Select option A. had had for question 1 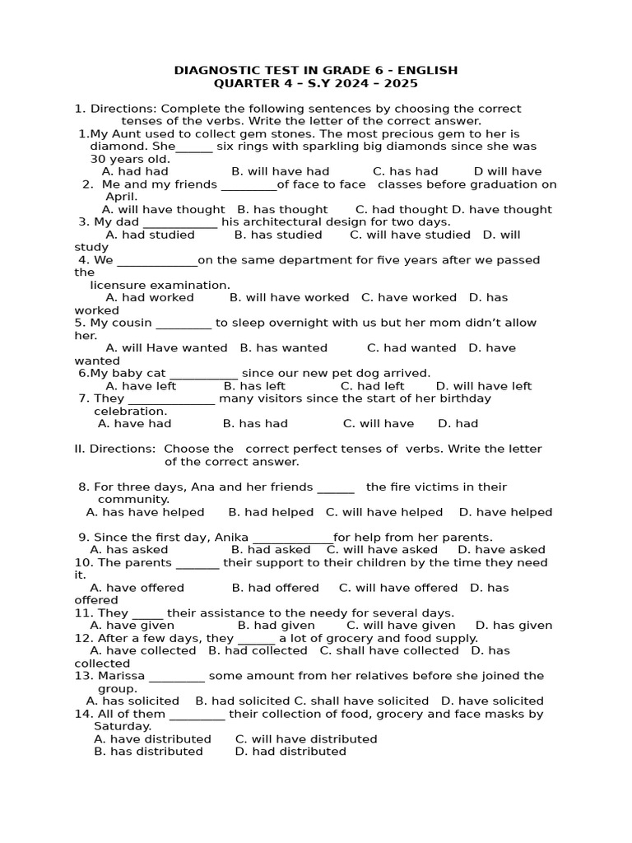[x=135, y=171]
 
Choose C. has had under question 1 [x=405, y=171]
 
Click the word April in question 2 [x=122, y=197]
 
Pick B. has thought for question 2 [x=282, y=209]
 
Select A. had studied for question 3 [x=151, y=235]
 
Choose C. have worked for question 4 [x=409, y=297]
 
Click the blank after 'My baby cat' [x=203, y=374]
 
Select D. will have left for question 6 [x=484, y=386]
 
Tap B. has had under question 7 [x=255, y=423]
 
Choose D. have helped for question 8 [x=505, y=512]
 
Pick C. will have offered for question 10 [x=398, y=588]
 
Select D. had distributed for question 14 [x=290, y=751]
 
